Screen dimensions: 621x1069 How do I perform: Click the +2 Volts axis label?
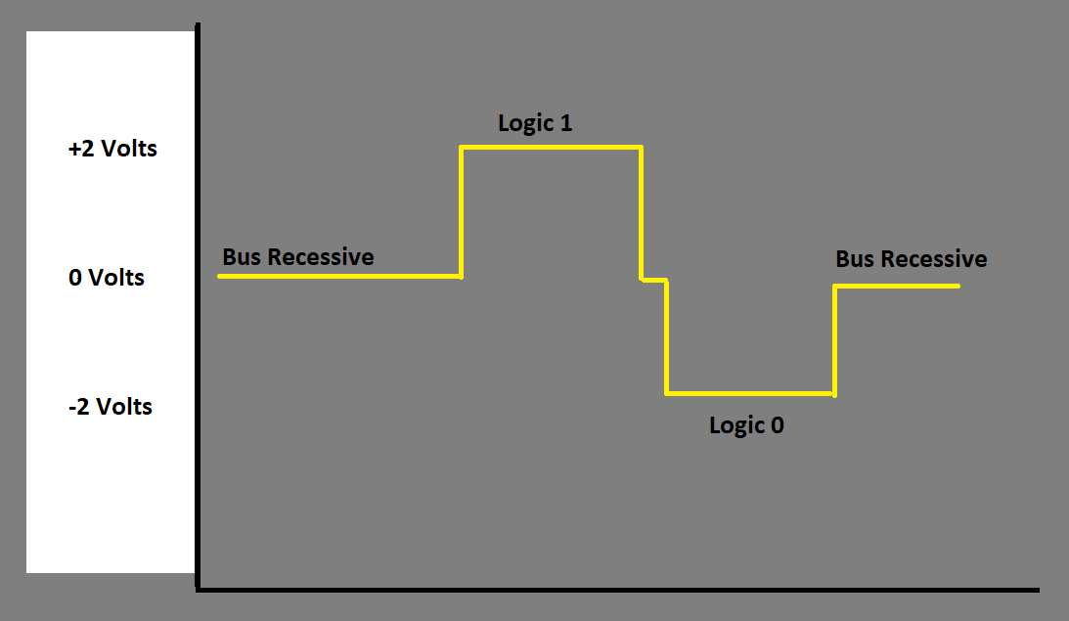[x=112, y=150]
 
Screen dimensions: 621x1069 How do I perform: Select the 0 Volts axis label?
[x=107, y=278]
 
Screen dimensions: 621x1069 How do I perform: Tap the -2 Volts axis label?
[x=111, y=407]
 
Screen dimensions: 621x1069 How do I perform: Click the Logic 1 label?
[x=535, y=123]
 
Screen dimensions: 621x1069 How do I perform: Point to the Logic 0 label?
[x=746, y=425]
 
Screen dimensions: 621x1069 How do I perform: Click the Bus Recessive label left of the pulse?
[x=297, y=257]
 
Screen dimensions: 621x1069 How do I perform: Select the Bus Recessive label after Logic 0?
[x=911, y=259]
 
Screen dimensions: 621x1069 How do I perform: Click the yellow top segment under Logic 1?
[x=551, y=148]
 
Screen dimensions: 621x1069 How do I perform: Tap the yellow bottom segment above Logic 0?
[x=749, y=393]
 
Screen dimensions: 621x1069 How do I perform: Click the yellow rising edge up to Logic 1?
[x=461, y=211]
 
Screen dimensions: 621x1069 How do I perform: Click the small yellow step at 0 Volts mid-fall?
[x=653, y=280]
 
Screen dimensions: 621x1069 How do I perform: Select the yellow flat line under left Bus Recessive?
[x=338, y=277]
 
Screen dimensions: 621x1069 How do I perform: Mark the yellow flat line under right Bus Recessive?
[x=896, y=286]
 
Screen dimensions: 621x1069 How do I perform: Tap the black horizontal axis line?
[x=616, y=590]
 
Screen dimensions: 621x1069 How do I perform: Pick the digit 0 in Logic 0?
[x=777, y=425]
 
